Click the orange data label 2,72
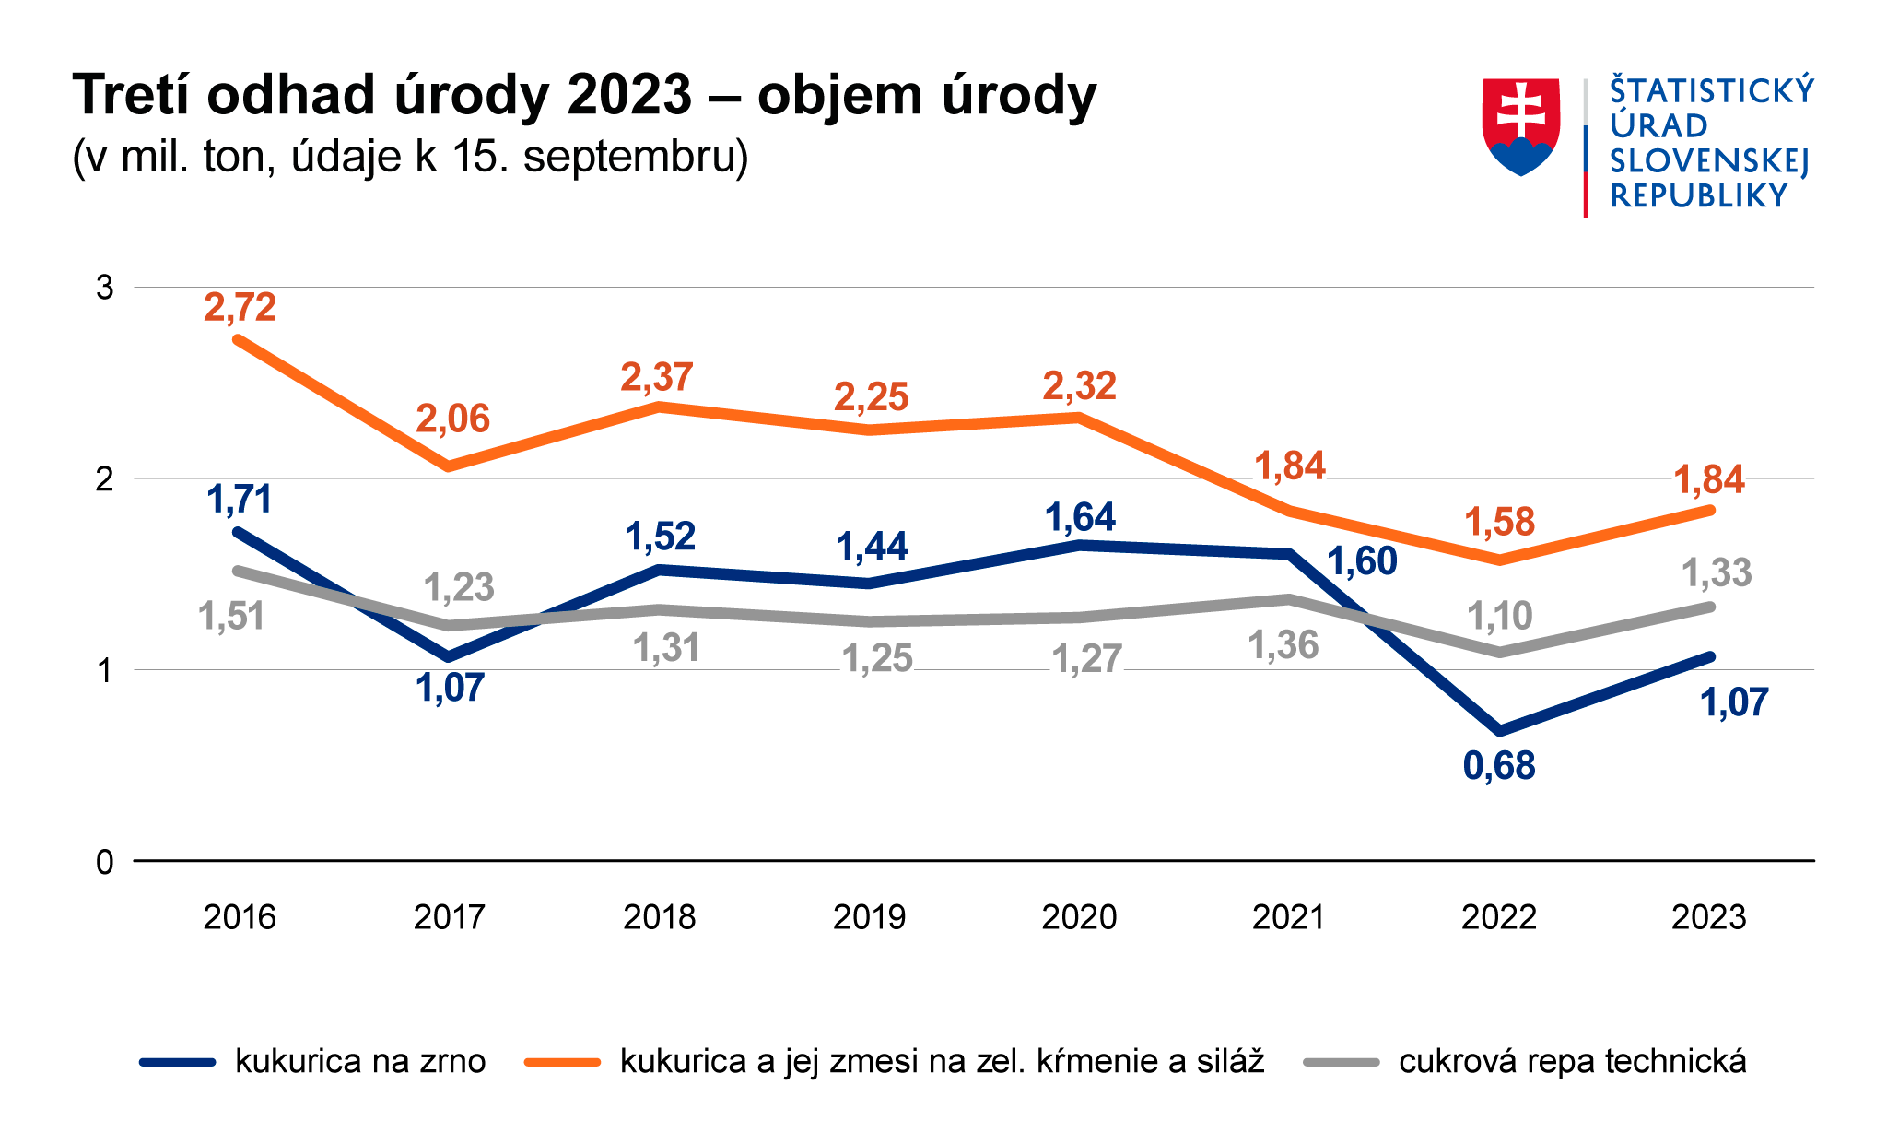click(x=240, y=307)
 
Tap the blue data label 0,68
click(x=1499, y=766)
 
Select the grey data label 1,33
click(x=1717, y=573)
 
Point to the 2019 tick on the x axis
click(x=869, y=917)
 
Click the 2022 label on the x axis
click(x=1499, y=917)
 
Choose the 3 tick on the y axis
click(x=105, y=288)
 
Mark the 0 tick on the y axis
click(x=105, y=862)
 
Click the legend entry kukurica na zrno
click(x=360, y=1061)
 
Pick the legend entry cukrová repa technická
click(x=1572, y=1061)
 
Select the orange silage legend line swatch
click(x=562, y=1062)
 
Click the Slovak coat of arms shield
click(x=1520, y=125)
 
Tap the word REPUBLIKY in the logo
click(x=1698, y=196)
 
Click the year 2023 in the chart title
click(x=629, y=95)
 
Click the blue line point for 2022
click(x=1500, y=730)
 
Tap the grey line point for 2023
click(x=1710, y=607)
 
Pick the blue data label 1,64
click(x=1080, y=518)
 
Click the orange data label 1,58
click(x=1499, y=522)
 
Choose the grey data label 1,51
click(x=231, y=616)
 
